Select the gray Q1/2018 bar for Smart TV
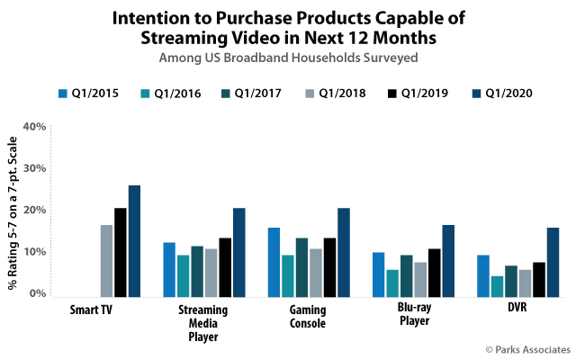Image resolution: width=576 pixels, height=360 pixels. click(x=106, y=260)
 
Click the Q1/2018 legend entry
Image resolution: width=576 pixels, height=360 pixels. click(x=325, y=93)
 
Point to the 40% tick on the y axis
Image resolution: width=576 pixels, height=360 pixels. click(x=34, y=127)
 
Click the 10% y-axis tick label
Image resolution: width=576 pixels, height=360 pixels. click(x=34, y=252)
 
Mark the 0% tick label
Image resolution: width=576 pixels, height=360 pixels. click(x=37, y=293)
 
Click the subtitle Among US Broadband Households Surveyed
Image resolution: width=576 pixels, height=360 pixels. click(x=288, y=58)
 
